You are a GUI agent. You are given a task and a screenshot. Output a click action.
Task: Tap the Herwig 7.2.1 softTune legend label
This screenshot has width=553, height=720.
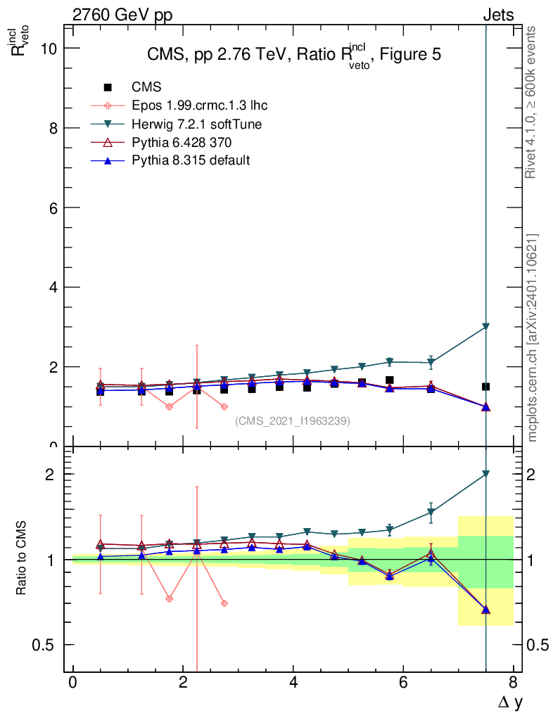[196, 124]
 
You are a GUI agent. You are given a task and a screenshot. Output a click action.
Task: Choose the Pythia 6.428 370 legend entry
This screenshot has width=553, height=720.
[182, 142]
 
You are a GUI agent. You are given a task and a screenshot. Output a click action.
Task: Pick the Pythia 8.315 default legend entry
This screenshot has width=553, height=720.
[191, 160]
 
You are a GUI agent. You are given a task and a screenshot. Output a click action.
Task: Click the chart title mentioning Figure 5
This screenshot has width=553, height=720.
[294, 55]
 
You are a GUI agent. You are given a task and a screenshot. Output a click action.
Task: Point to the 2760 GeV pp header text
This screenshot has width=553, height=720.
[122, 15]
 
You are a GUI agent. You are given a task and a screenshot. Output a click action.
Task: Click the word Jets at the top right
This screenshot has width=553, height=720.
[498, 15]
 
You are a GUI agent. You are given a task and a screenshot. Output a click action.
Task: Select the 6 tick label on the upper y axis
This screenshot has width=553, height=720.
[53, 207]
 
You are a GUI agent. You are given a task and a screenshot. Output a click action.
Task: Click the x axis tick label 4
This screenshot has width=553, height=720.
[293, 682]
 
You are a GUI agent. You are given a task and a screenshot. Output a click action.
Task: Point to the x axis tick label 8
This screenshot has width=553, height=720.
[513, 682]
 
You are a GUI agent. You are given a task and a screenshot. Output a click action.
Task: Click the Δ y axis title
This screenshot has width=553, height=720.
[510, 703]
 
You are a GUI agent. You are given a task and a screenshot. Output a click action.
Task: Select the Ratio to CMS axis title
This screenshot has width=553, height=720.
[21, 558]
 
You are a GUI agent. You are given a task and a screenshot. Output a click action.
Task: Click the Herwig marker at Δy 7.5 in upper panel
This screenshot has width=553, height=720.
[486, 327]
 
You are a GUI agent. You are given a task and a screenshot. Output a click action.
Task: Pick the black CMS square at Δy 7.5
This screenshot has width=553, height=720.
[486, 387]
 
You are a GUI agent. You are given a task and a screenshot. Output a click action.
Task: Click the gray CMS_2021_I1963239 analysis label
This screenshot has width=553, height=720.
[293, 421]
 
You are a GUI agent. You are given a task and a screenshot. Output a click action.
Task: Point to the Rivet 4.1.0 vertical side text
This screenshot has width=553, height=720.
[530, 102]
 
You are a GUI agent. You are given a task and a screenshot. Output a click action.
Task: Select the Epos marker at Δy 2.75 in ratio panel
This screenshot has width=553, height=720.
[224, 603]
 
